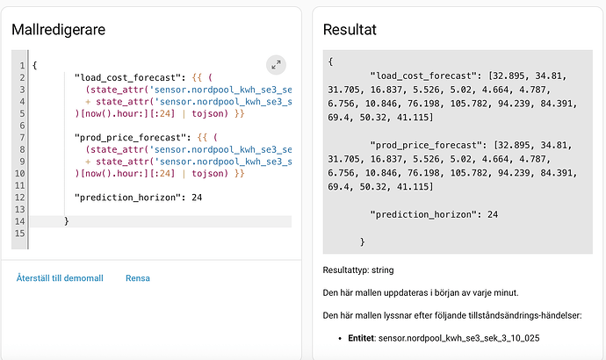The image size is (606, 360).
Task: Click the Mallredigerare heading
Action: coord(58,30)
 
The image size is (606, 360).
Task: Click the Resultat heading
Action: coord(350,30)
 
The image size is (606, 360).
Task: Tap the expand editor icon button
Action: coord(276,65)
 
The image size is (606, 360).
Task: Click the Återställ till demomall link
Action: coord(60,278)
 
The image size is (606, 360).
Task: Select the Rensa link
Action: coord(138,278)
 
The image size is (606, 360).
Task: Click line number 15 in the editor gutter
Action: coord(19,234)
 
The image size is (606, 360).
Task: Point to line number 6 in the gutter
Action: coord(23,126)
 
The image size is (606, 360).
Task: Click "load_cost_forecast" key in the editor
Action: coord(127,77)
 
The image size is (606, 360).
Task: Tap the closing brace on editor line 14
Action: coord(67,221)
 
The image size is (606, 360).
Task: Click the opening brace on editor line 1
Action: coord(35,65)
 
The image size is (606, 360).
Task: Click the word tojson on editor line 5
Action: coord(207,113)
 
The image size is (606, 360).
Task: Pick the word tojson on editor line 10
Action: coord(207,174)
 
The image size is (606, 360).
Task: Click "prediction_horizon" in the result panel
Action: coord(423,214)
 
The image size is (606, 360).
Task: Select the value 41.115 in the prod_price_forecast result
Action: coord(413,186)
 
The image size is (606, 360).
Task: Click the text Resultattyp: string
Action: coord(358,270)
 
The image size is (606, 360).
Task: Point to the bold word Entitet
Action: coord(361,338)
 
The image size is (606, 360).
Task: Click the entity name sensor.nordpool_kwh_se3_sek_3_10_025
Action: coord(458,338)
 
